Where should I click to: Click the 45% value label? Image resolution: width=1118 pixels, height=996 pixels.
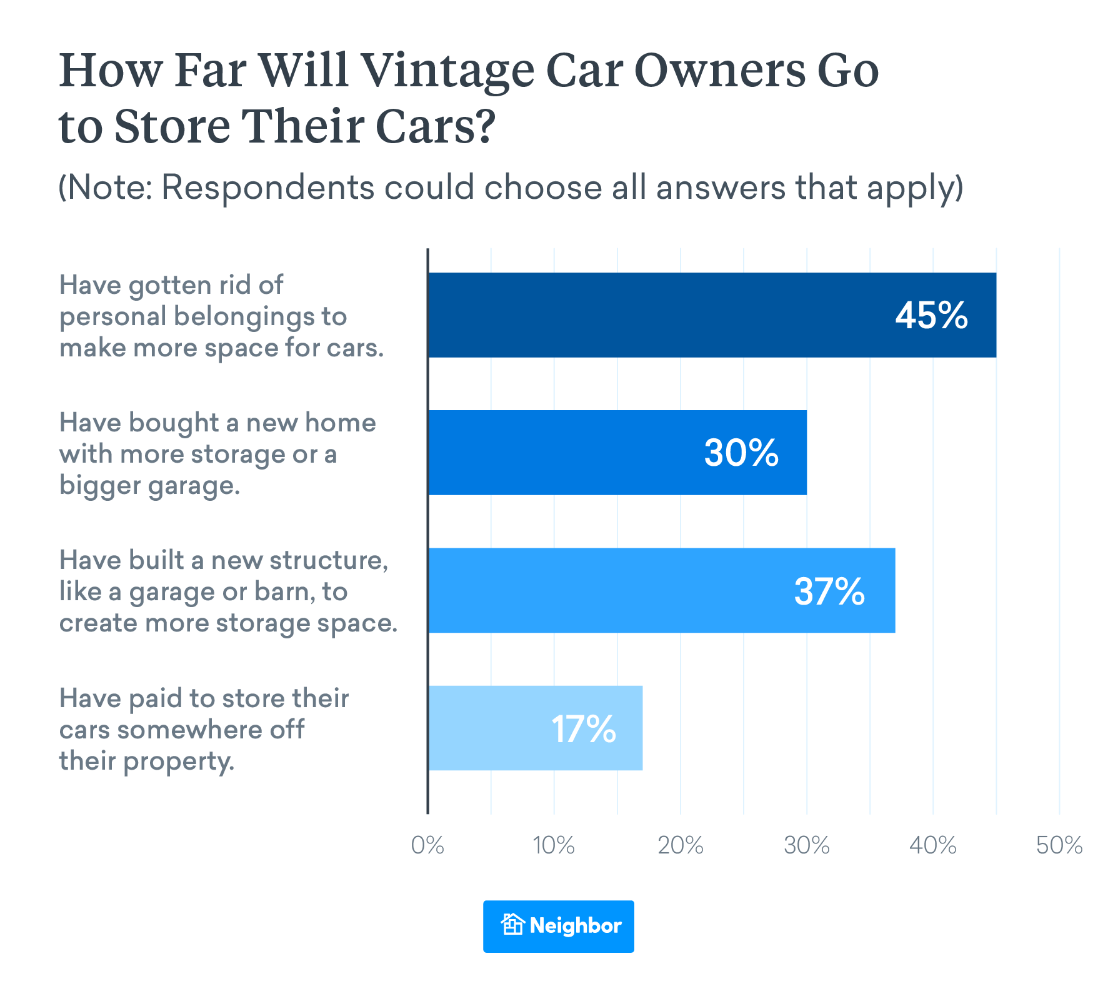(x=931, y=315)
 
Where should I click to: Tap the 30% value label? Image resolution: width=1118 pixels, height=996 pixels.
(x=741, y=453)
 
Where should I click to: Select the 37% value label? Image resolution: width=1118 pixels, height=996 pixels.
(x=829, y=591)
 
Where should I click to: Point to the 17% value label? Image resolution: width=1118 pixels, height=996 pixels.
(x=584, y=729)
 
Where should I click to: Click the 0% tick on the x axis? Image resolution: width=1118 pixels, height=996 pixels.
(x=427, y=845)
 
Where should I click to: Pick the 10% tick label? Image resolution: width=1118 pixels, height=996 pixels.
(x=554, y=845)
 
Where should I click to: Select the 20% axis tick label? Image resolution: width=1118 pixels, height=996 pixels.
(x=680, y=845)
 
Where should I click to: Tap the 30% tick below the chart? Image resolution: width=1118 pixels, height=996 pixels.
(x=806, y=845)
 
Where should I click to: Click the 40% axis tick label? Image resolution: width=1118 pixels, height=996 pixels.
(x=932, y=845)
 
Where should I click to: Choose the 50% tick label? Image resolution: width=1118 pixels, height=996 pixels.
(x=1059, y=845)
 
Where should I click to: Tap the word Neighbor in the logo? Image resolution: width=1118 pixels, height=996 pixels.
(x=575, y=925)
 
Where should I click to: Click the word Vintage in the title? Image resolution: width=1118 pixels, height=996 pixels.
(x=448, y=71)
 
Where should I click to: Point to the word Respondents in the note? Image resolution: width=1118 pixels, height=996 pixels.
(x=267, y=187)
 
